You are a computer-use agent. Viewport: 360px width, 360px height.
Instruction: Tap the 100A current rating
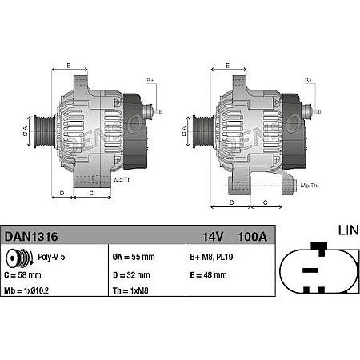(x=252, y=237)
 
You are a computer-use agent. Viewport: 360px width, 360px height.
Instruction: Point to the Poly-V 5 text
(x=52, y=258)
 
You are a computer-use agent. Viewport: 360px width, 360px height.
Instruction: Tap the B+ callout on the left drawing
(x=150, y=81)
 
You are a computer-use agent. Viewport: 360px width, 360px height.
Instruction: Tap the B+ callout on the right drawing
(x=309, y=81)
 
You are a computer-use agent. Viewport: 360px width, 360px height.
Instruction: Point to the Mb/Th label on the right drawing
(x=308, y=186)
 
